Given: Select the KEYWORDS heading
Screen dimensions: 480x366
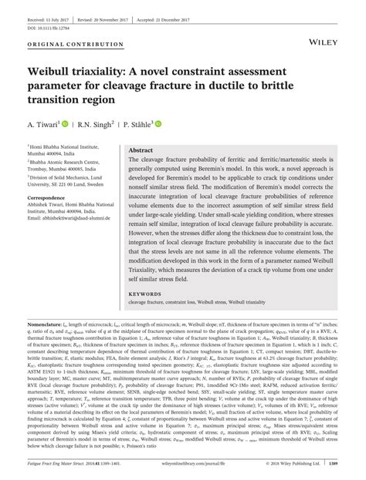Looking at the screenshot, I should (145, 293).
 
